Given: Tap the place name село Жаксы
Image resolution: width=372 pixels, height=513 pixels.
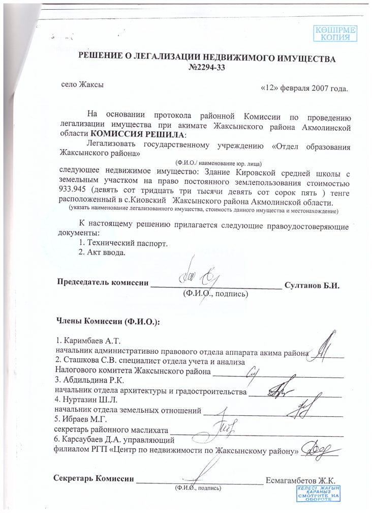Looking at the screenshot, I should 82,85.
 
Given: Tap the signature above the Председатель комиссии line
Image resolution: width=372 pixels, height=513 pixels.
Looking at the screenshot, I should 200,276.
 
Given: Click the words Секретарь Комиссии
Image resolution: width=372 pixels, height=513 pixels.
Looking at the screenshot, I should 94,479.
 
